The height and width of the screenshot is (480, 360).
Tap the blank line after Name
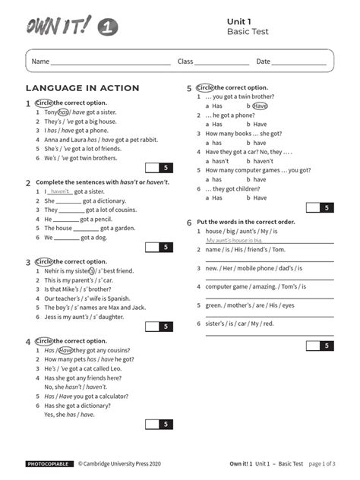click(111, 62)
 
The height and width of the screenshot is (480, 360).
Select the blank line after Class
click(222, 62)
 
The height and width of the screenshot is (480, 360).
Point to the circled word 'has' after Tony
click(63, 112)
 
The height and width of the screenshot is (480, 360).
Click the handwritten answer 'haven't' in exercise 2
click(60, 192)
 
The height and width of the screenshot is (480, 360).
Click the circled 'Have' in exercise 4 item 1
click(65, 350)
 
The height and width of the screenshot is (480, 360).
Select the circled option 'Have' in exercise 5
click(260, 106)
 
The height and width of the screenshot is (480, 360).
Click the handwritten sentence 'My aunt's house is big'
click(238, 240)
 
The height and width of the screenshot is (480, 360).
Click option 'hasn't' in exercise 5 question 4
click(220, 161)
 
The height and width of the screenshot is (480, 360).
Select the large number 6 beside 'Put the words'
click(190, 223)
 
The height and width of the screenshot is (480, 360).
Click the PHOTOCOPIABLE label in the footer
click(49, 463)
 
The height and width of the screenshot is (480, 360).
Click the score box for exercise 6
click(320, 346)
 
